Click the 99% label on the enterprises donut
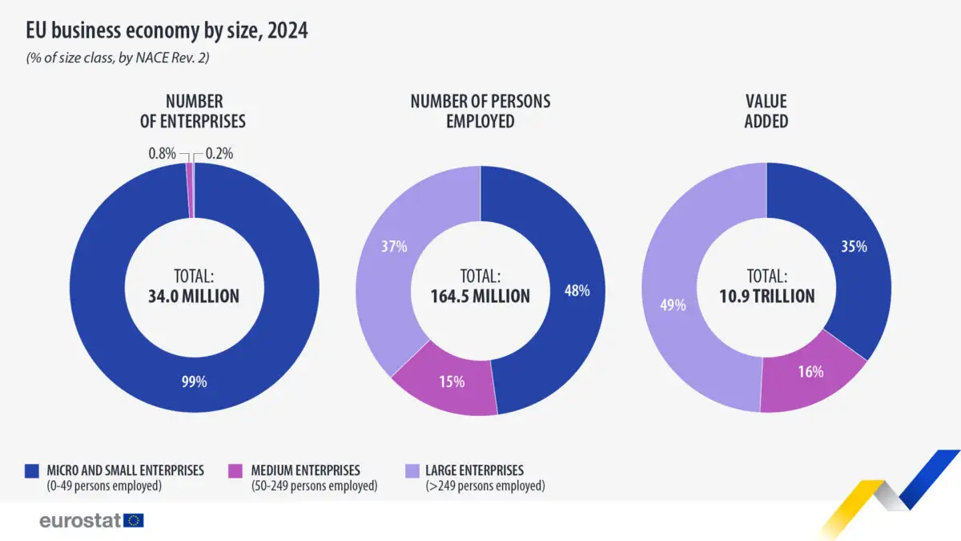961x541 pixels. (195, 382)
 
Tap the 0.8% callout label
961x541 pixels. (162, 153)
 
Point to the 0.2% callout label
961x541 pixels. (219, 153)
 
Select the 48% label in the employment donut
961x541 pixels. (577, 291)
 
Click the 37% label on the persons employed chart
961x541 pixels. (394, 247)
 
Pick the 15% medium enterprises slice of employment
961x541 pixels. (446, 380)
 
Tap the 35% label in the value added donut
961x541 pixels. (854, 247)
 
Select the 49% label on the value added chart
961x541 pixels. (673, 305)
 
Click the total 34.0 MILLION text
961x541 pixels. (194, 297)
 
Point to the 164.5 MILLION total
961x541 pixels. (480, 297)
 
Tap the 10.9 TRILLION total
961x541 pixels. (766, 297)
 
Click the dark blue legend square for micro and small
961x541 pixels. (32, 471)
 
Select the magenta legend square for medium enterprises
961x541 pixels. (235, 471)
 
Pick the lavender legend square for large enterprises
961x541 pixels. (412, 471)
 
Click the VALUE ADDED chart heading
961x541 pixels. (766, 111)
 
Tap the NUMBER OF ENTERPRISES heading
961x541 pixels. (193, 111)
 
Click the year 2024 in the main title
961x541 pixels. (287, 30)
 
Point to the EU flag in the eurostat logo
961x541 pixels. (134, 520)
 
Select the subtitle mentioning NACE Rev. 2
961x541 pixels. (118, 58)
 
